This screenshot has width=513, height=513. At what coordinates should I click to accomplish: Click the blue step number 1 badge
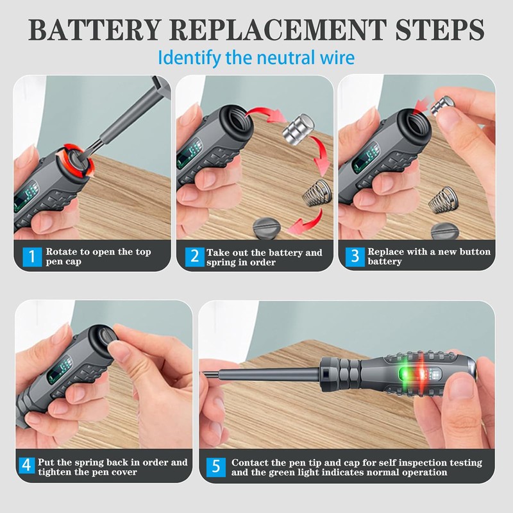coord(29,257)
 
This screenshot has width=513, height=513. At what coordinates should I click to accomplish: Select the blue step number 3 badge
coord(353,257)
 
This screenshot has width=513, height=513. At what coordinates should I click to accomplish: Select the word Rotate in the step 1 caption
coord(62,252)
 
